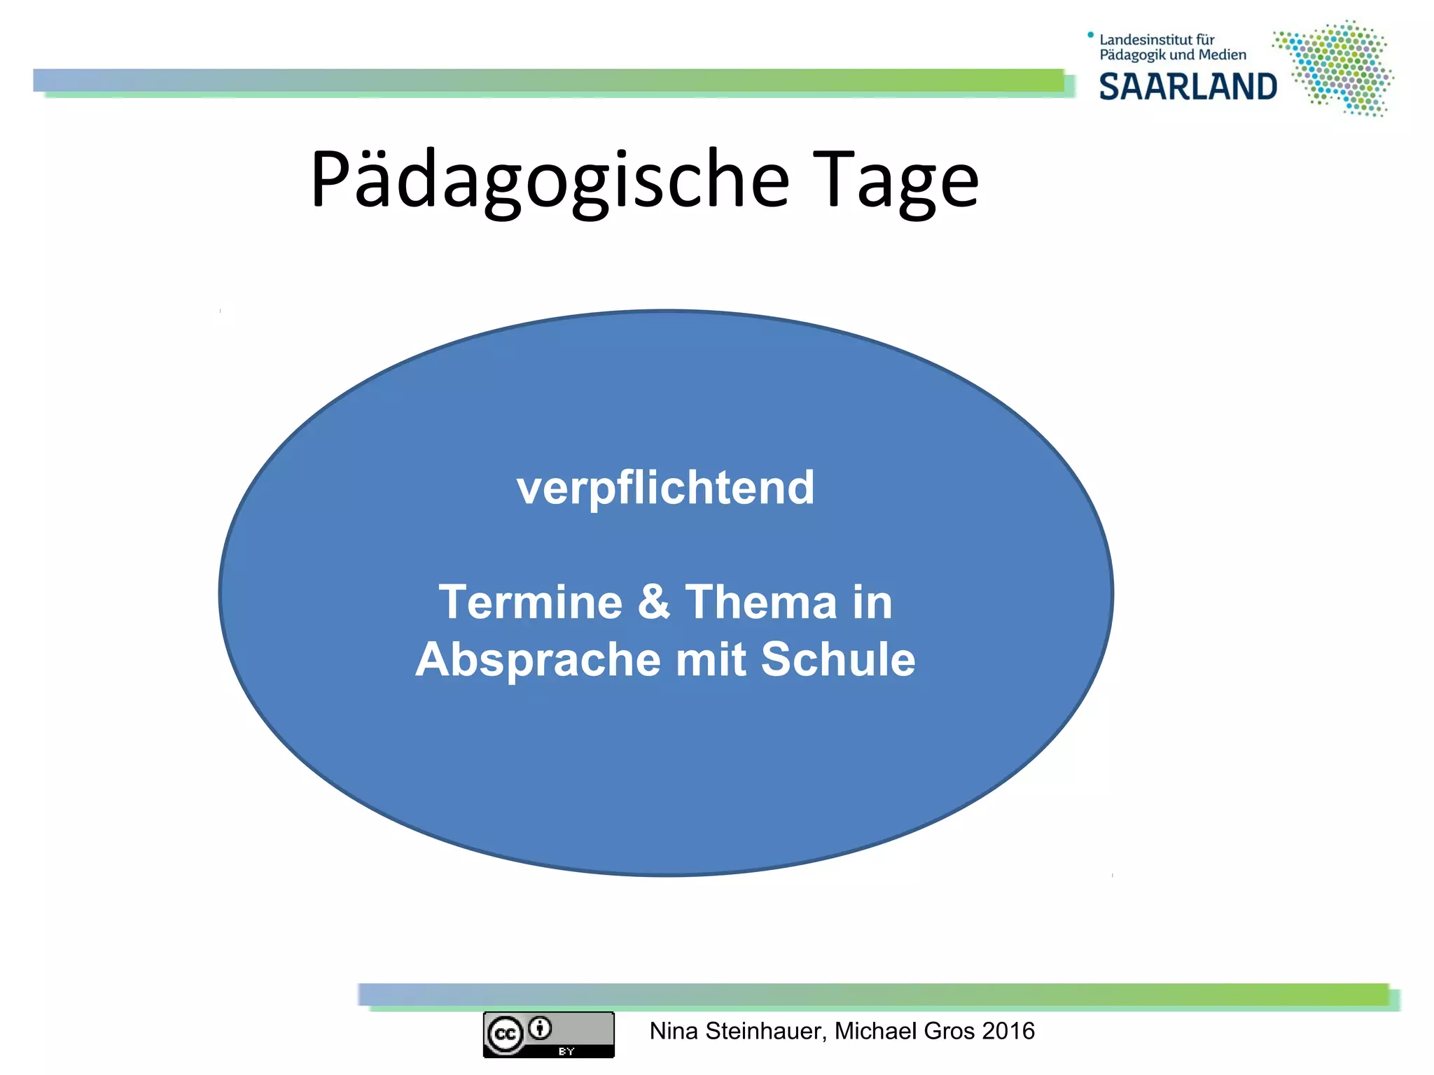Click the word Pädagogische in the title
(x=550, y=181)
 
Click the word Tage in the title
(x=898, y=181)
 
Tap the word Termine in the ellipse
(x=530, y=602)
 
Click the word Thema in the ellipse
(x=760, y=602)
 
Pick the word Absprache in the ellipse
(x=538, y=659)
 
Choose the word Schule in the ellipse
(x=837, y=659)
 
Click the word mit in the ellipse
(x=710, y=659)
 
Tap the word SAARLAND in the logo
(x=1188, y=87)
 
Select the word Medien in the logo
(x=1223, y=55)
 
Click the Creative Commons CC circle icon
(x=506, y=1034)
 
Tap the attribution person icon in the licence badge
(x=540, y=1028)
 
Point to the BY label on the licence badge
(x=566, y=1051)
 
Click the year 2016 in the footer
(x=1008, y=1031)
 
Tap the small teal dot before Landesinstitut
(x=1090, y=34)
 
